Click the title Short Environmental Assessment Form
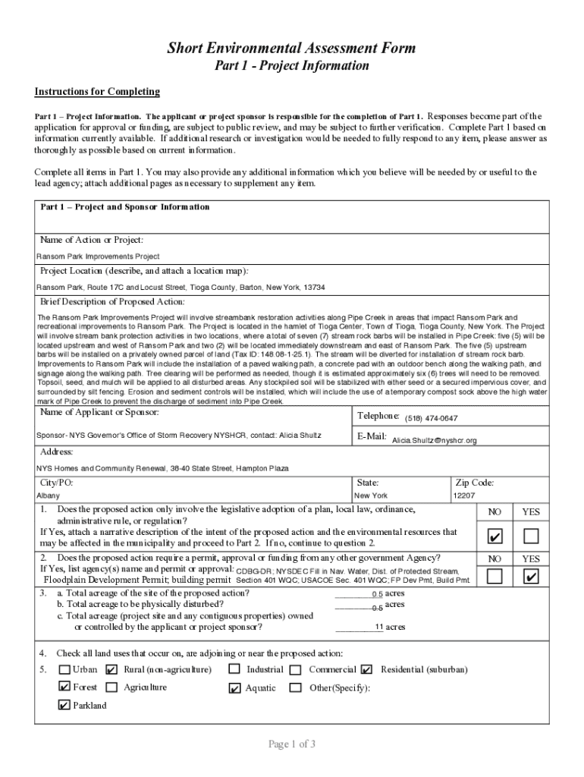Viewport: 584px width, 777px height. click(291, 48)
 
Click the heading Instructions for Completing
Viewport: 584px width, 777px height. click(97, 92)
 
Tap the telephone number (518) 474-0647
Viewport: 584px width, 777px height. click(431, 418)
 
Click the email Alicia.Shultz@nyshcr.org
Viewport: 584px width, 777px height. click(434, 440)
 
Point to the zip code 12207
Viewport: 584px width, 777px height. click(463, 495)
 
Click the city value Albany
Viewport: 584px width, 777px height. click(48, 495)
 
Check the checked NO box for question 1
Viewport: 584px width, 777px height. click(495, 537)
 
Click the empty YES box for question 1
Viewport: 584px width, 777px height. click(531, 537)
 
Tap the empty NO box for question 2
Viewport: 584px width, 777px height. click(495, 577)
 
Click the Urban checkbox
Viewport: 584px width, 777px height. click(64, 670)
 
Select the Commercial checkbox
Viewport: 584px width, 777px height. click(295, 670)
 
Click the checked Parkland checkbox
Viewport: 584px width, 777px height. click(64, 705)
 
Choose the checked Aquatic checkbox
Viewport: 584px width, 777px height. click(234, 688)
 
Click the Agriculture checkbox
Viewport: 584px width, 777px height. click(111, 687)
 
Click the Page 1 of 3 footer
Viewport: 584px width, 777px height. click(292, 744)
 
